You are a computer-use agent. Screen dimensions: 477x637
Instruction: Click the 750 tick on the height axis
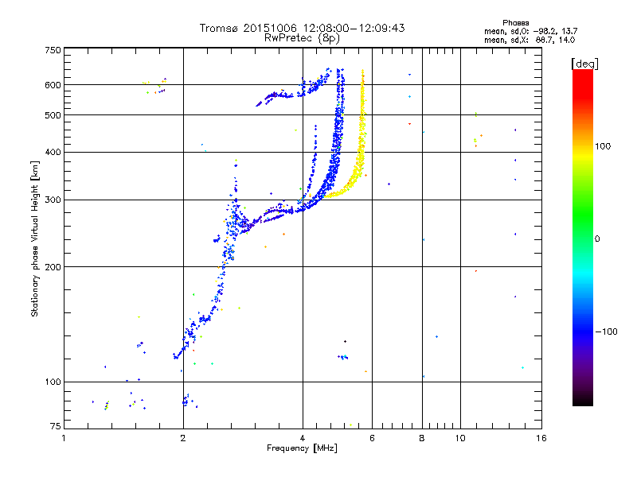click(x=53, y=50)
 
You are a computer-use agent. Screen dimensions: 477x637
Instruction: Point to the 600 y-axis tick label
click(x=53, y=85)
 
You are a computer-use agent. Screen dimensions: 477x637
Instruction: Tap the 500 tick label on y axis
click(x=53, y=115)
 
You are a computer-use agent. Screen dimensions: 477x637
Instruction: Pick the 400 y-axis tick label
click(x=53, y=152)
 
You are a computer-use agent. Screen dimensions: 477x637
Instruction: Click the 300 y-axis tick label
click(x=53, y=200)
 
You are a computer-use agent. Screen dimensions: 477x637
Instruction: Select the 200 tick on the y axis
click(x=53, y=266)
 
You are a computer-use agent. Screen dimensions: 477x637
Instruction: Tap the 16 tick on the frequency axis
click(x=541, y=438)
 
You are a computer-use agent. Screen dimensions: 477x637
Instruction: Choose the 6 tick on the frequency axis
click(x=373, y=438)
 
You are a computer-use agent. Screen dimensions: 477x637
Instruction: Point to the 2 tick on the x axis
click(x=183, y=438)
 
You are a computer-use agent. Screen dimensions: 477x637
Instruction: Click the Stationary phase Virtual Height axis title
click(x=35, y=238)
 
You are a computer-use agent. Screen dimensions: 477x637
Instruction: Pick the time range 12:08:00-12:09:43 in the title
click(x=354, y=28)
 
